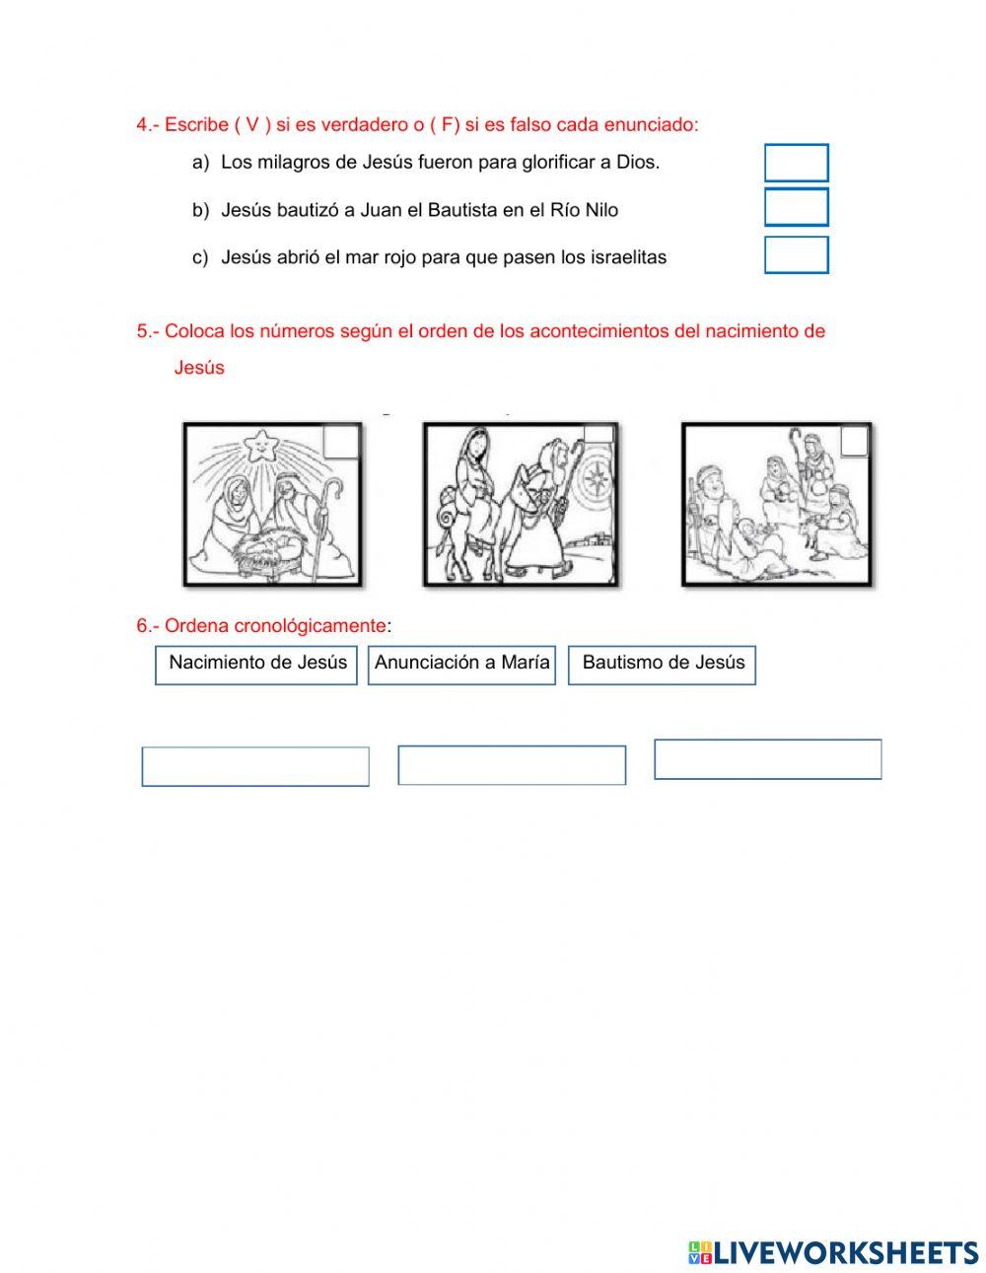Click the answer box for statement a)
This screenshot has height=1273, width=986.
(796, 163)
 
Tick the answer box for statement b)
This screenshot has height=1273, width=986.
(796, 208)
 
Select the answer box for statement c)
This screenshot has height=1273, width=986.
(796, 254)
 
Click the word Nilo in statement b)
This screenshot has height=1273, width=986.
(601, 210)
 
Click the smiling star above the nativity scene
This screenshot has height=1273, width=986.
(262, 445)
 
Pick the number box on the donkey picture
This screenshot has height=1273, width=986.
(599, 435)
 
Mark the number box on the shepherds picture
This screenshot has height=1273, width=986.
(854, 441)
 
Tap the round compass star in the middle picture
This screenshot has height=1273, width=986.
(597, 479)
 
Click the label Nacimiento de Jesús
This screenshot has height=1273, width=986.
(257, 663)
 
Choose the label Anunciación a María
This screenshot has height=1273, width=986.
(461, 663)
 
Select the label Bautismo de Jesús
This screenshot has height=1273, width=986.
(663, 663)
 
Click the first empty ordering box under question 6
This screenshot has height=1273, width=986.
(255, 766)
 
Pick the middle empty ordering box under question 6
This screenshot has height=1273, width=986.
(512, 765)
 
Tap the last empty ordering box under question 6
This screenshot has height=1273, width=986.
(767, 759)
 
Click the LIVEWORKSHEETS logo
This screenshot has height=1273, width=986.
(832, 1252)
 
